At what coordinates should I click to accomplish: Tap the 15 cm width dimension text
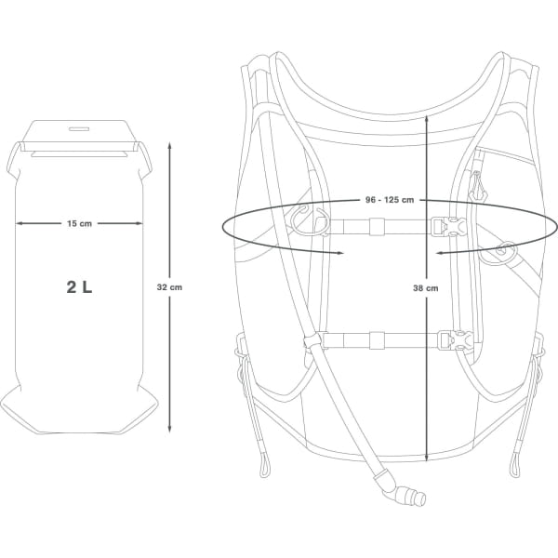(79, 223)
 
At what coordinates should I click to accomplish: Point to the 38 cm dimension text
(426, 289)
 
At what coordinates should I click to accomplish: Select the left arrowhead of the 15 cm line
(19, 223)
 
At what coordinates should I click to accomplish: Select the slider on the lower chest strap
(376, 339)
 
